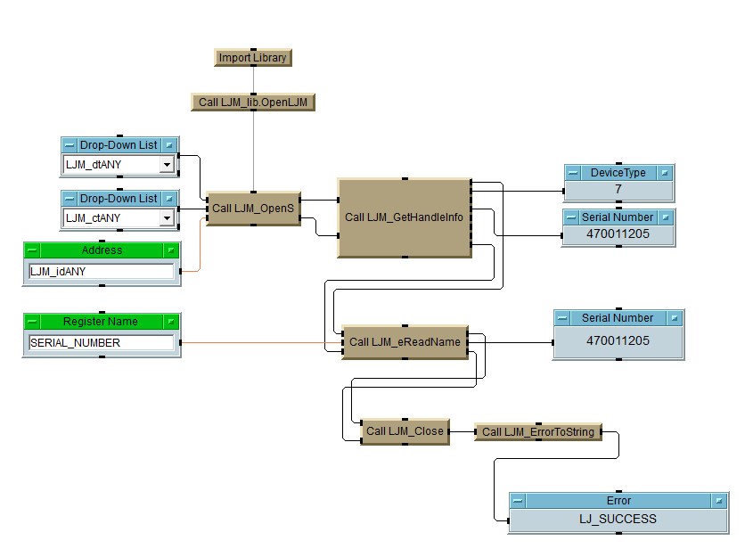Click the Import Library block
253,58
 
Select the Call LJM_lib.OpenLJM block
253,102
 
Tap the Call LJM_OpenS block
253,209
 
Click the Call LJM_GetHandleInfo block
404,217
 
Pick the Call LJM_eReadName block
405,342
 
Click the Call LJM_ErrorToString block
537,432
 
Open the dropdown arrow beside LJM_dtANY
167,165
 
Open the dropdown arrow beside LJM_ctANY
167,218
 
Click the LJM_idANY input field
101,272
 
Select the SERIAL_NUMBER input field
101,343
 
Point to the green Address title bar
102,250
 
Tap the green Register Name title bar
101,322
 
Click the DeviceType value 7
618,190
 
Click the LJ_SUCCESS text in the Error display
618,519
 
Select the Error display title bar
618,501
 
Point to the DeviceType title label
618,173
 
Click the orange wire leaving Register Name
258,343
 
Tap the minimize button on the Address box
33,251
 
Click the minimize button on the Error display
519,502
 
